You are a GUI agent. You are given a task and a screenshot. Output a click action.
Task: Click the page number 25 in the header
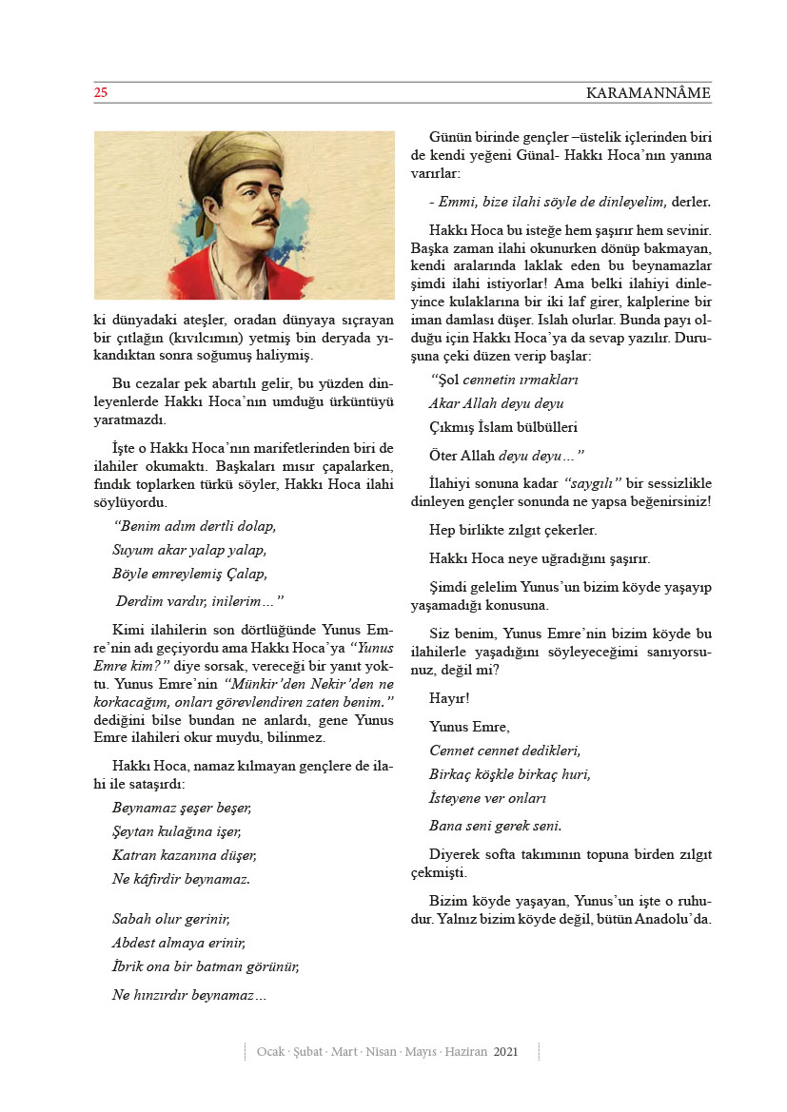pyautogui.click(x=101, y=93)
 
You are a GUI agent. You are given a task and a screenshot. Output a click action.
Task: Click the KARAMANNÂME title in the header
pyautogui.click(x=648, y=93)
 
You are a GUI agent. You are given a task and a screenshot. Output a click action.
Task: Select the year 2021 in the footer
pyautogui.click(x=506, y=1052)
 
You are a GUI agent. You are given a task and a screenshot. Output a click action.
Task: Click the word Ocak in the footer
pyautogui.click(x=272, y=1052)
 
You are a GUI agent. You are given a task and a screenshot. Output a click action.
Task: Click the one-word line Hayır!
pyautogui.click(x=450, y=699)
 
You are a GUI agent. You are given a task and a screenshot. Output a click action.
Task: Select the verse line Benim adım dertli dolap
pyautogui.click(x=194, y=526)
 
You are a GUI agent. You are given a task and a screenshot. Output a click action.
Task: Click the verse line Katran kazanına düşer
pyautogui.click(x=184, y=855)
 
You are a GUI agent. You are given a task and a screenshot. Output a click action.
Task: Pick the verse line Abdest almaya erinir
pyautogui.click(x=179, y=944)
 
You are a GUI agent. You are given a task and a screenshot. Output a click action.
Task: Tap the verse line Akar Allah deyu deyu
pyautogui.click(x=496, y=403)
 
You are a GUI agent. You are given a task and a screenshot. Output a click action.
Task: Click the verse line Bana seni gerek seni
pyautogui.click(x=495, y=825)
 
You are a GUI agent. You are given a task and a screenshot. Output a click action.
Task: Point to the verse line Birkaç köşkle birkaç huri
pyautogui.click(x=510, y=773)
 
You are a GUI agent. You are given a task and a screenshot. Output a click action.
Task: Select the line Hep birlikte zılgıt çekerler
pyautogui.click(x=513, y=530)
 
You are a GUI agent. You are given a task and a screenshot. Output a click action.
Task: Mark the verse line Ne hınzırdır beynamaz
pyautogui.click(x=188, y=995)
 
